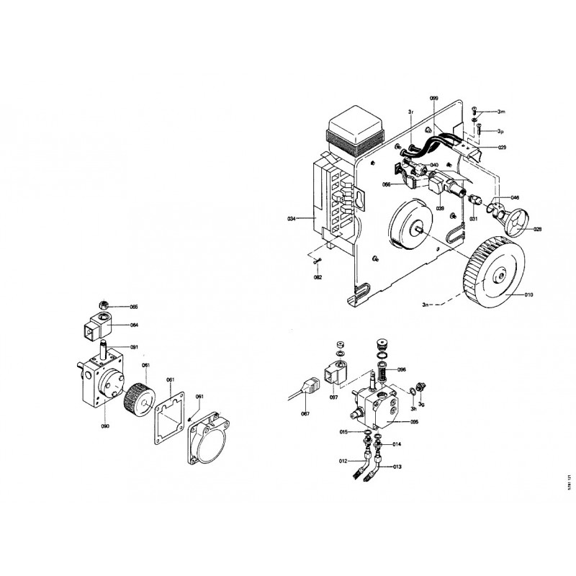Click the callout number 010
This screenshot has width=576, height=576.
[529, 294]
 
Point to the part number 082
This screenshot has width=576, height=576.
[318, 276]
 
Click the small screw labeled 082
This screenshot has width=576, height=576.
[317, 260]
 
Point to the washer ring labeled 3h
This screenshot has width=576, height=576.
[413, 390]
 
